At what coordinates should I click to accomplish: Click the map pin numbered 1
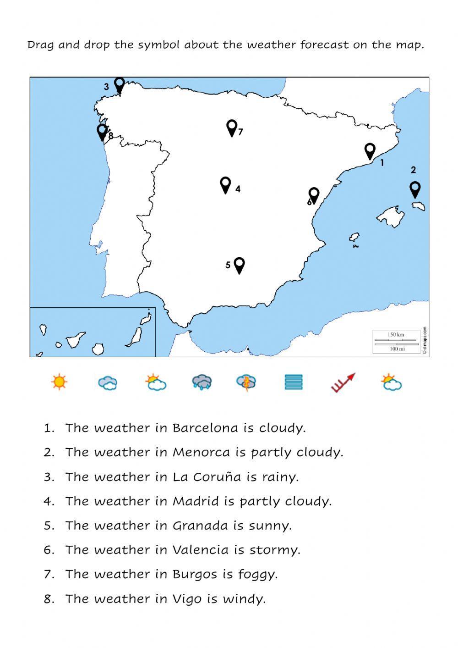click(370, 151)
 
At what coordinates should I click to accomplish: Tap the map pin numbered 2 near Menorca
click(415, 189)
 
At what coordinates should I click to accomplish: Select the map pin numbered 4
click(225, 185)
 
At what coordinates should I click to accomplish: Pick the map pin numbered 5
click(239, 265)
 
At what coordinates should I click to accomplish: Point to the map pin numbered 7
click(232, 127)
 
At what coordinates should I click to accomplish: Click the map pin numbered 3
click(120, 85)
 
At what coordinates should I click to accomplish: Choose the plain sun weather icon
click(59, 382)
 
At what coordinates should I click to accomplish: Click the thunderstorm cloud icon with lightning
click(246, 382)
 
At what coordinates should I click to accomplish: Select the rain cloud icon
click(202, 382)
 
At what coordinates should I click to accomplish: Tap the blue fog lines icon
click(294, 382)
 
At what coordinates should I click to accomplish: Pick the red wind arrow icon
click(343, 383)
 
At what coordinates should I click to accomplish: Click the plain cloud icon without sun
click(108, 382)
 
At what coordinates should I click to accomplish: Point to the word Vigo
click(187, 599)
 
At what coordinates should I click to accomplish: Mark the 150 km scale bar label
click(396, 334)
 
